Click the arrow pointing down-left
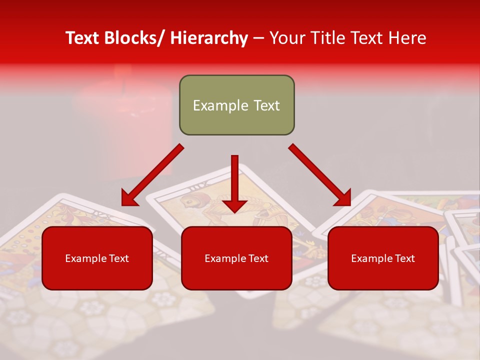pos(153,175)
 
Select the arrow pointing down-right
pos(320,175)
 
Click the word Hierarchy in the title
pos(208,38)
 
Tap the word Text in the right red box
pos(404,258)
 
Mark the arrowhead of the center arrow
pos(234,205)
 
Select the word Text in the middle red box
pos(258,258)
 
